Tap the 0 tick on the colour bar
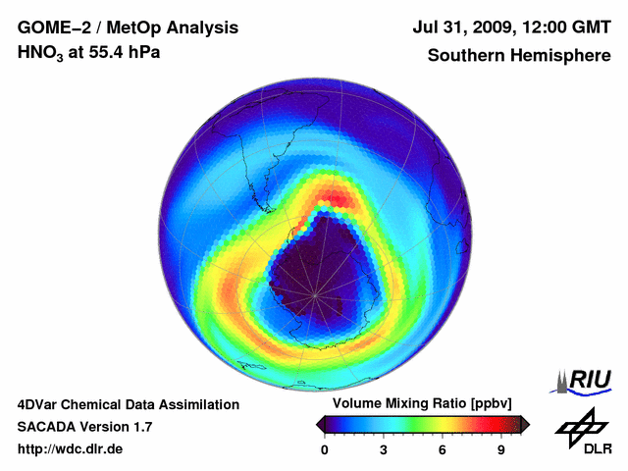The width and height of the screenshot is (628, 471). (x=325, y=450)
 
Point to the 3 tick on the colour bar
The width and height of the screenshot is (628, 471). (x=384, y=450)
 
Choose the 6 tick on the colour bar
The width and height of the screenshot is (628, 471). (x=443, y=450)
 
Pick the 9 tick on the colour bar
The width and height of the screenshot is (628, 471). (x=501, y=450)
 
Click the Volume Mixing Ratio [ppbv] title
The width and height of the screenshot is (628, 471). (x=417, y=404)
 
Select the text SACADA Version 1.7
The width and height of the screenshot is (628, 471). (x=84, y=427)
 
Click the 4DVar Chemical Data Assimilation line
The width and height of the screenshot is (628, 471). (x=129, y=404)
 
